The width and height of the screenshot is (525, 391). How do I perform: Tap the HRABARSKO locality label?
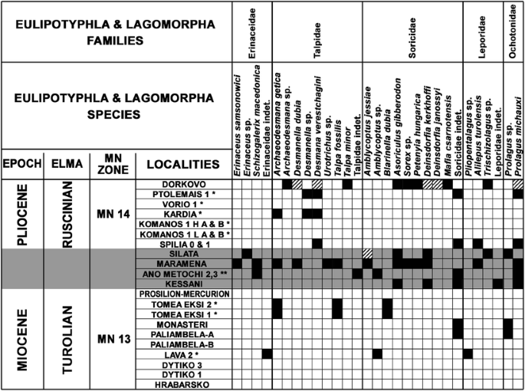[184, 384]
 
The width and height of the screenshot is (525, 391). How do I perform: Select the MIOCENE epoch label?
[21, 339]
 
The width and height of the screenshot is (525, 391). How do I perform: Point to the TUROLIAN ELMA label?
[67, 339]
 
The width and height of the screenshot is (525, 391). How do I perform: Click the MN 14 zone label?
[110, 214]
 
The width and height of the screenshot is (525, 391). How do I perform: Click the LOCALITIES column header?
[184, 164]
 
